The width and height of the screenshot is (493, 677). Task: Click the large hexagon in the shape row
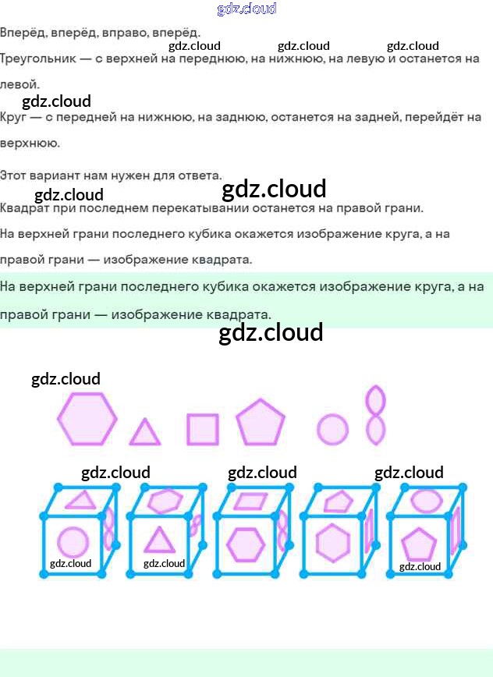point(87,419)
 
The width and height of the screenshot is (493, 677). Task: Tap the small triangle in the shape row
point(144,433)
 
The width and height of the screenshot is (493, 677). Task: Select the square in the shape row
point(202,429)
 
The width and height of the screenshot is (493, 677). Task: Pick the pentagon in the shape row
point(261,423)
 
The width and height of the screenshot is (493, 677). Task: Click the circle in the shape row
point(332,429)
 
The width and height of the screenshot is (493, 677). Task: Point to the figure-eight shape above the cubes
point(376,415)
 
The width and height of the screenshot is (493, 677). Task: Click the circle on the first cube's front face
point(73,543)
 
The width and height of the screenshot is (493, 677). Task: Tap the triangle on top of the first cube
point(80,500)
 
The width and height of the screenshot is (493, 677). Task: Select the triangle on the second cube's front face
point(159,540)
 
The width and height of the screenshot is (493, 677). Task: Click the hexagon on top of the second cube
point(165,501)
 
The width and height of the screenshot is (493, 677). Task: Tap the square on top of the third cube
point(250,501)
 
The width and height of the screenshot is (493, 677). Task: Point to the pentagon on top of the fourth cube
point(339,501)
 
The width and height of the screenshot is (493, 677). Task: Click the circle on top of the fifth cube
point(426,500)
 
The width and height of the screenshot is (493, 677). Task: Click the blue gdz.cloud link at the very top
point(247,9)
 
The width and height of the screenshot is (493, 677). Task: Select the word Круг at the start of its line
point(13,118)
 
